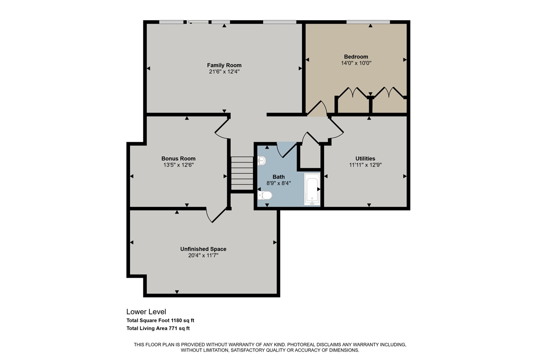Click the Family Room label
pos(224,65)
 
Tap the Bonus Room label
pos(178,159)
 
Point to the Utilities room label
pos(365,159)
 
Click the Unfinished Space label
pos(203,249)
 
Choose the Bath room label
pos(278,177)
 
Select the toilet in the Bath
pos(265,195)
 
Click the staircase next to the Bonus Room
pos(242,173)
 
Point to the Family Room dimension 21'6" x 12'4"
pos(224,72)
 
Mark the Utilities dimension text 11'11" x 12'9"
pos(365,165)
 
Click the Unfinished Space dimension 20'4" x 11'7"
pos(203,255)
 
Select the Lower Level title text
pos(143,311)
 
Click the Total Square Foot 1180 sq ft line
pos(160,320)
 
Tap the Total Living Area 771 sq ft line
pos(161,328)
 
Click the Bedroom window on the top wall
pos(368,22)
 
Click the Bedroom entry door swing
pos(317,108)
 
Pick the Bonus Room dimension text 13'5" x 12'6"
pos(178,165)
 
